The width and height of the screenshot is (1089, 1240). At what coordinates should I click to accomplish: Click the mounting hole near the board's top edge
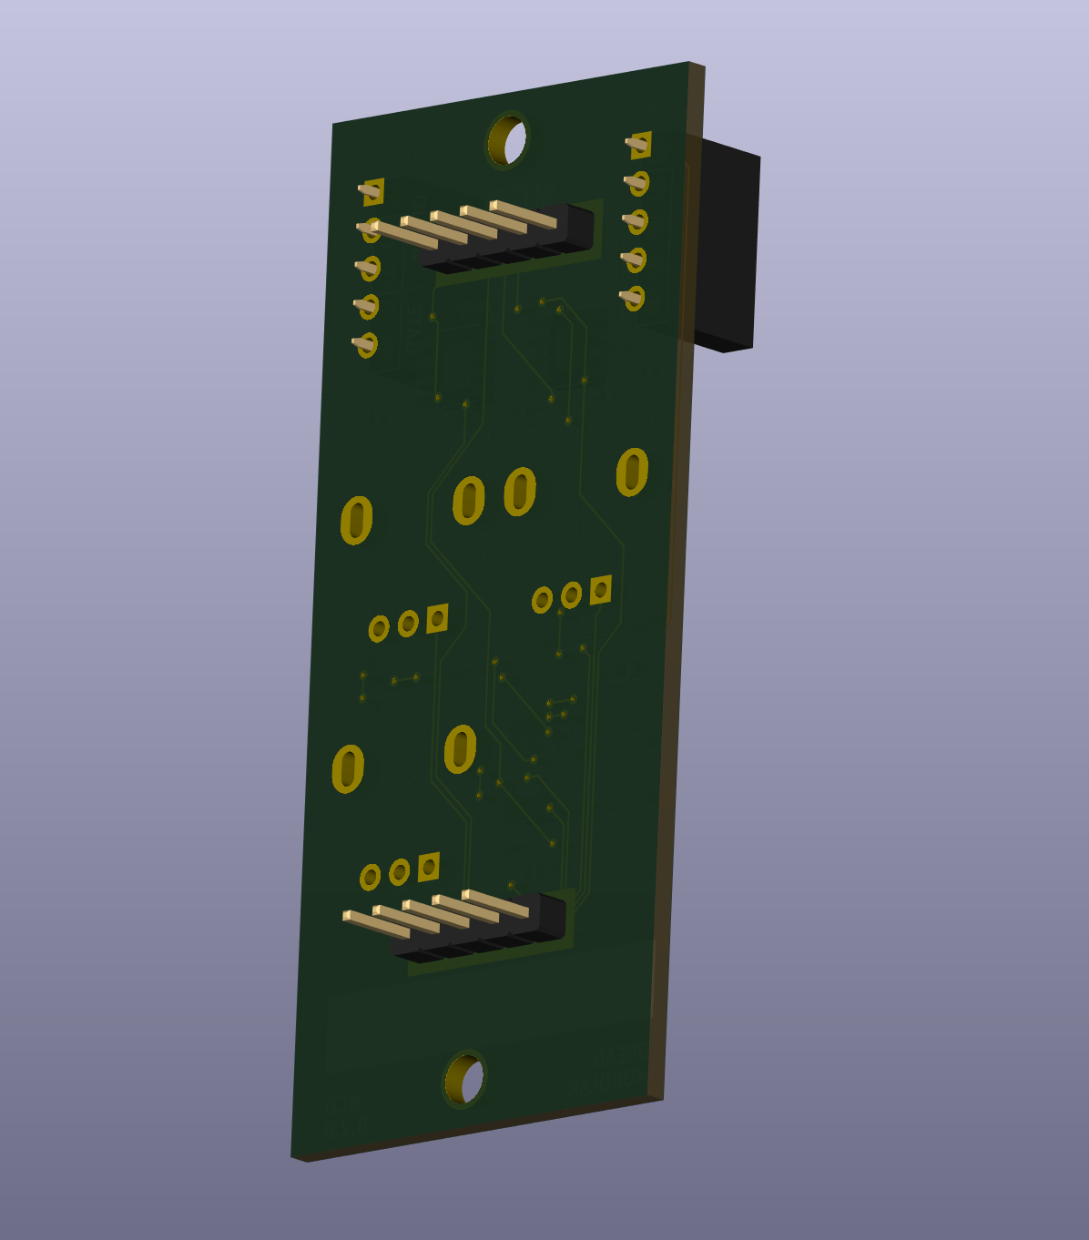507,141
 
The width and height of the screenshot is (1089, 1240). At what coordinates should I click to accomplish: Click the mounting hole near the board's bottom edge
464,1080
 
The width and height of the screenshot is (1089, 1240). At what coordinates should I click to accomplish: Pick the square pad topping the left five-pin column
372,191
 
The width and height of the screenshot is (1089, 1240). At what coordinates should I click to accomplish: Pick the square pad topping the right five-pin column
639,144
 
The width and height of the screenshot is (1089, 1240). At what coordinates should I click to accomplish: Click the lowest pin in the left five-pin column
364,344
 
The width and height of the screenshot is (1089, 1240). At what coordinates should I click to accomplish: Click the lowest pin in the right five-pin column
632,298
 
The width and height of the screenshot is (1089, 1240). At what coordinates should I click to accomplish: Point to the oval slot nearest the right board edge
632,472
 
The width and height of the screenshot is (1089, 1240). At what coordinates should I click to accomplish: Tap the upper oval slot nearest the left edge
357,521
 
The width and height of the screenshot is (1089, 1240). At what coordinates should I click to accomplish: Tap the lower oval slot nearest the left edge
348,768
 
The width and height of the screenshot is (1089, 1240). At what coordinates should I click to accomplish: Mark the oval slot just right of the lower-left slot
461,749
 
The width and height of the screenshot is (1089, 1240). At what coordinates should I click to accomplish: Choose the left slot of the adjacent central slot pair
469,501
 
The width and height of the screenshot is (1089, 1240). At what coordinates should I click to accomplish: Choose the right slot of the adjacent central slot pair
520,491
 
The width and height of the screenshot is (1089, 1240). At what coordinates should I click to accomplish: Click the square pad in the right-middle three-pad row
600,590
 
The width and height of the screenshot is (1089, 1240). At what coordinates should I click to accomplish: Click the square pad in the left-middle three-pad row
437,618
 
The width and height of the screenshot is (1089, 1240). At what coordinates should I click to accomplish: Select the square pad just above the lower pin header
429,867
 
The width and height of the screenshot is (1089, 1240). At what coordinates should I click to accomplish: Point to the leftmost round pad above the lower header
370,878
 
